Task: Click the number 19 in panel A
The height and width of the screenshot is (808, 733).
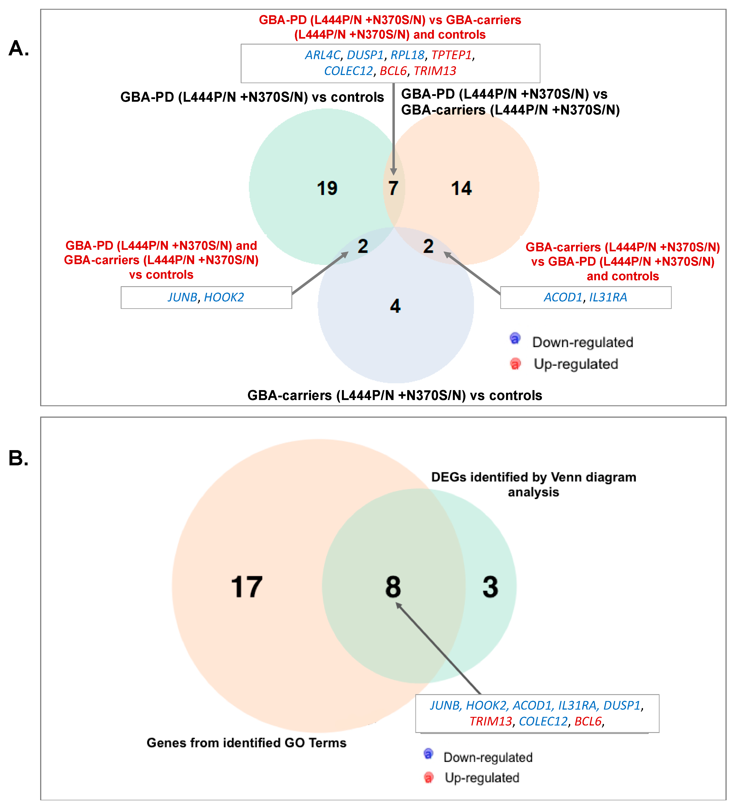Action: click(327, 188)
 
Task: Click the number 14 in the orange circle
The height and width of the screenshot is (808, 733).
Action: click(461, 188)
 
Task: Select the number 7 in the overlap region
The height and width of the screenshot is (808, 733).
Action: click(393, 188)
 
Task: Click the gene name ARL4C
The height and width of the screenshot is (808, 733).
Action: click(323, 55)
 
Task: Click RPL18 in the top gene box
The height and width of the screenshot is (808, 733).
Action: click(407, 55)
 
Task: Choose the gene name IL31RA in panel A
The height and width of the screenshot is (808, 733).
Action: click(608, 297)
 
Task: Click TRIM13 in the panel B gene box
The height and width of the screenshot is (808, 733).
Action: click(491, 722)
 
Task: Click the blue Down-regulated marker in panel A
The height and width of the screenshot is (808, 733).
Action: click(515, 339)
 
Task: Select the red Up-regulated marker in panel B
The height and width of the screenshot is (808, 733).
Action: click(428, 777)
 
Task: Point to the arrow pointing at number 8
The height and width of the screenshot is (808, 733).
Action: click(439, 649)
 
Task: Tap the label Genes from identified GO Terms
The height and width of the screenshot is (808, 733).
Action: click(246, 743)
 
